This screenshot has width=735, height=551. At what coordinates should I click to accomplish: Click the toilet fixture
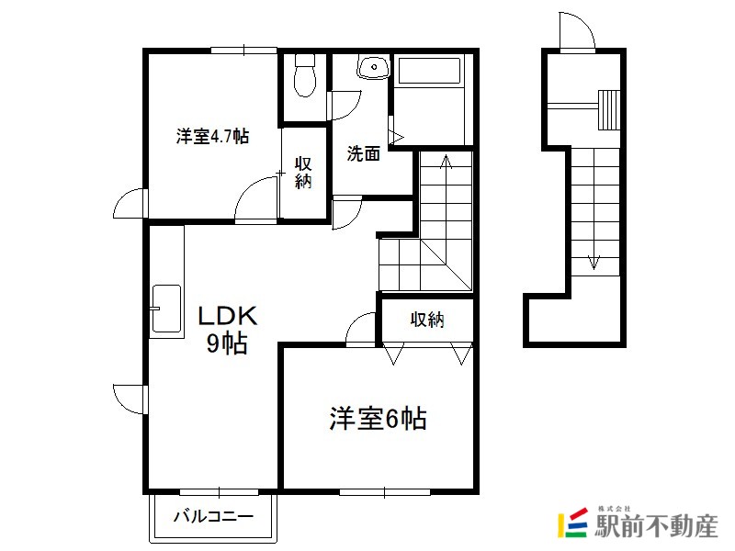click(305, 75)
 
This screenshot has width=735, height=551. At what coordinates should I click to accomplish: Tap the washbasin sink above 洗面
click(374, 66)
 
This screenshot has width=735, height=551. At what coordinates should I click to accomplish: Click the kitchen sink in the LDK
click(166, 309)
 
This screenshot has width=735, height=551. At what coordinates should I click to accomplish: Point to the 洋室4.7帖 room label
click(212, 136)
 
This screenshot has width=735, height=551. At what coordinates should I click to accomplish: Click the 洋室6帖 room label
click(378, 419)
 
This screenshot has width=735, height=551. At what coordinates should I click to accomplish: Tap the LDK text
click(228, 316)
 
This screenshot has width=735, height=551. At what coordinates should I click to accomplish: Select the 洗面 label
click(363, 153)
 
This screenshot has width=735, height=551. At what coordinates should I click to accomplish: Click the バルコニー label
click(213, 517)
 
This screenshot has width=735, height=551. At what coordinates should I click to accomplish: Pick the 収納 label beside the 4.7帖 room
click(303, 173)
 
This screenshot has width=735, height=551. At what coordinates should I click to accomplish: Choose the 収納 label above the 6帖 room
click(427, 320)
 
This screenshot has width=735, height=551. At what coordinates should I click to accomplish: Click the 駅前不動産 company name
click(656, 525)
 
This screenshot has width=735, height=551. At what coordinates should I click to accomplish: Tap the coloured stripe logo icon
click(572, 522)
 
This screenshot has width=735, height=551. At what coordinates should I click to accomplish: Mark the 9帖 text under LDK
click(227, 343)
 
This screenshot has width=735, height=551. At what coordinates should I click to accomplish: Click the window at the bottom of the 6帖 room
click(384, 492)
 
